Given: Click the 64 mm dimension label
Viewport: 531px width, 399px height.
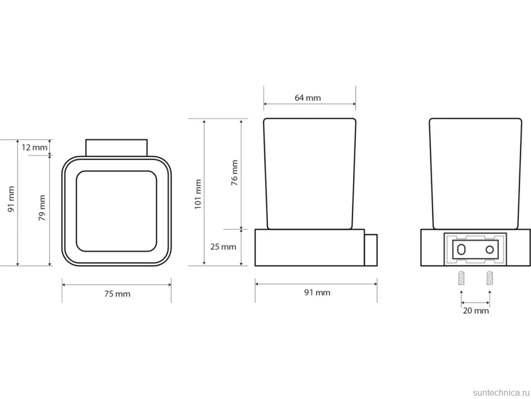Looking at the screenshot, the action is tap(308, 98).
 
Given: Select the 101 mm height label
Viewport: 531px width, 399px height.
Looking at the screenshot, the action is tap(198, 194).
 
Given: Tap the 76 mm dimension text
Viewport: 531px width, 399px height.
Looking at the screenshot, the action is tap(234, 173).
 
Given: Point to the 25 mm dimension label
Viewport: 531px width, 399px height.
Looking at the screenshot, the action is tap(223, 247).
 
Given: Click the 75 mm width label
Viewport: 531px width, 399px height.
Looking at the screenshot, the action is tap(117, 294).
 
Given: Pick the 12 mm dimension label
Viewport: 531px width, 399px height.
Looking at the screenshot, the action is tap(34, 147).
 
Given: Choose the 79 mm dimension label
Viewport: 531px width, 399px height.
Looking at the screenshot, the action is tap(42, 208).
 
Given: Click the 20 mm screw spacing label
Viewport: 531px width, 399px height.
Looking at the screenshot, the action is tap(476, 311).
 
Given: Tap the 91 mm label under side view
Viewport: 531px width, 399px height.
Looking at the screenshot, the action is tap(317, 292).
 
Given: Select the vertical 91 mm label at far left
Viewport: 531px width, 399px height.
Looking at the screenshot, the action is tap(11, 199).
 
